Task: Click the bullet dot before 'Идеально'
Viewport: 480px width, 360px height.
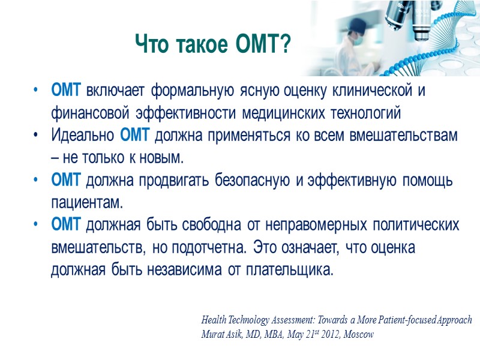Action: click(x=37, y=136)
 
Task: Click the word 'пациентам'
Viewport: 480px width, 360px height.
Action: click(x=86, y=202)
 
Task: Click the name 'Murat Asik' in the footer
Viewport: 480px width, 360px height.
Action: click(x=219, y=335)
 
